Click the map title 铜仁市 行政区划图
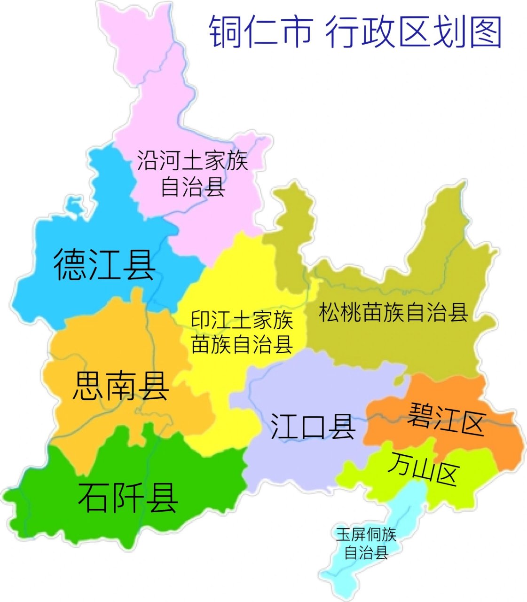[x=355, y=32]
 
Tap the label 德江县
[x=104, y=265]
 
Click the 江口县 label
[x=313, y=427]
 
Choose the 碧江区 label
[x=445, y=419]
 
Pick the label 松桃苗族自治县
[x=393, y=312]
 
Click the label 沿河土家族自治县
[x=193, y=173]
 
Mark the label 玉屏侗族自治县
[x=366, y=543]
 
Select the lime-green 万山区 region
[x=465, y=489]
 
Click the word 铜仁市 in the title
[x=260, y=32]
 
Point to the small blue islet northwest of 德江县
[x=74, y=205]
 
